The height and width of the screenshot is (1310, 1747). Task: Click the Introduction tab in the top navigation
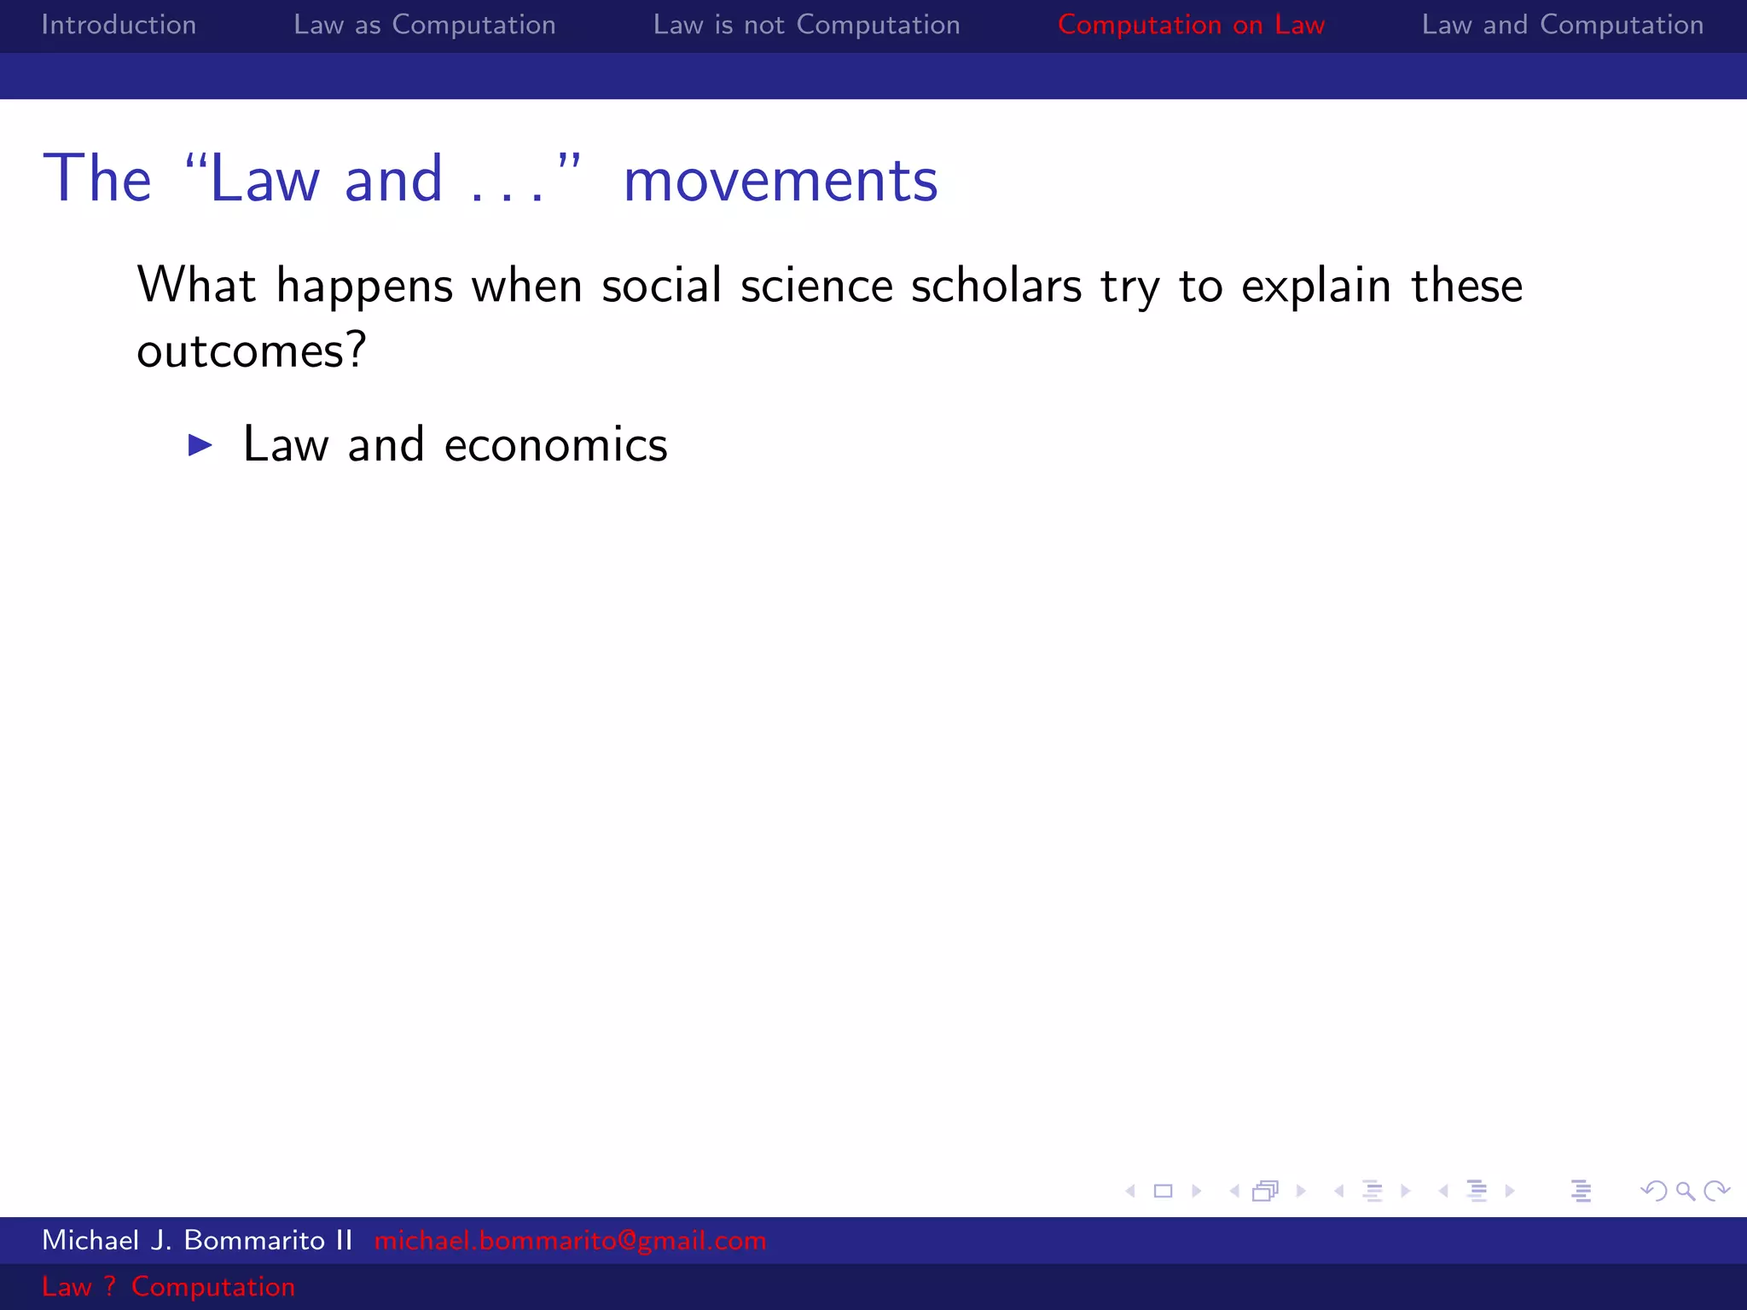119,25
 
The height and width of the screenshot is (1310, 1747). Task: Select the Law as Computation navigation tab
424,25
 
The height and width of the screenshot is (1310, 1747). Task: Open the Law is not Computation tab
806,25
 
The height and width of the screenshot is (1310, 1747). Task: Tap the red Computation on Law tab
1191,25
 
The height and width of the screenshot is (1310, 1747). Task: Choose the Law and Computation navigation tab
1562,25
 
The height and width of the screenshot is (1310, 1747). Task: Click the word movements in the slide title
781,180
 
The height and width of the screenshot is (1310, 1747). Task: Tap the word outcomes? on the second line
252,351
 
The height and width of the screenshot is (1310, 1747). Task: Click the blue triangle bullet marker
200,444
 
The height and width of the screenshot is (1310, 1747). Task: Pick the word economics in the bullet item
555,445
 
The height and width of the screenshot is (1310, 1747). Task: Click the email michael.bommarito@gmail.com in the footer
570,1240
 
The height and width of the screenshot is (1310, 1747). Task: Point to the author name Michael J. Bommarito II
197,1240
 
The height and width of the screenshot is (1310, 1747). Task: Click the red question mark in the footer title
110,1286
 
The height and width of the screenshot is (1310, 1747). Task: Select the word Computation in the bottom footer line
213,1286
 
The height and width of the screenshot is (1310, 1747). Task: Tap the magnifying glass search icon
1685,1191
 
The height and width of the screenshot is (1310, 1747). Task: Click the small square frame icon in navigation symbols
1163,1191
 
